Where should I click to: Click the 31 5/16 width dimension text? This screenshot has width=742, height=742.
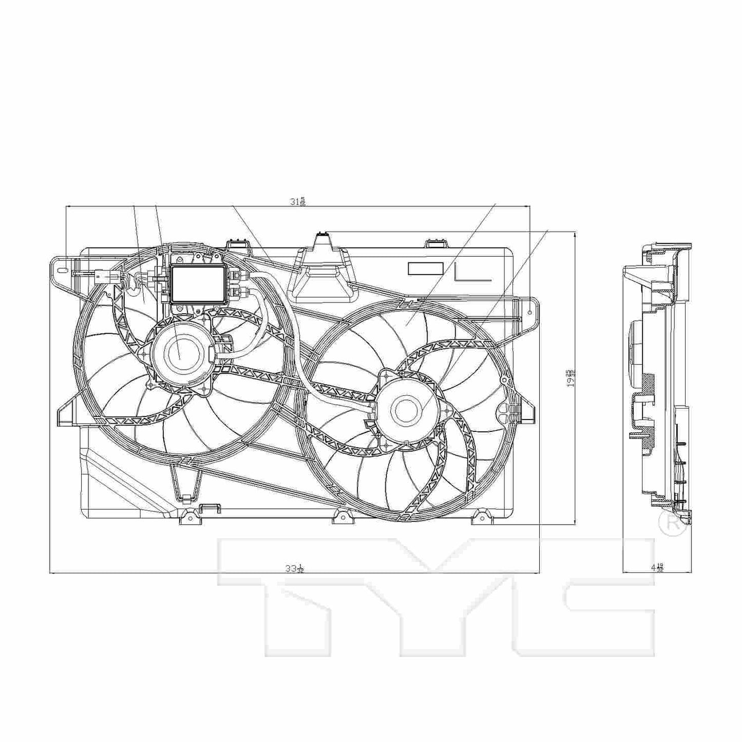[297, 201]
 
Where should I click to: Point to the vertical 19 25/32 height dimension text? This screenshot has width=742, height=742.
[570, 377]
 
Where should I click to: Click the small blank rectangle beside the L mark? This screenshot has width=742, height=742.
[425, 268]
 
